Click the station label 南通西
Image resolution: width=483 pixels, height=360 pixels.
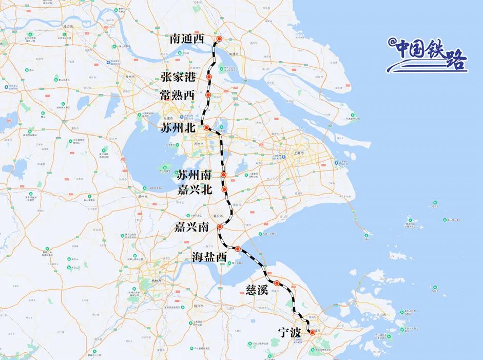(186, 39)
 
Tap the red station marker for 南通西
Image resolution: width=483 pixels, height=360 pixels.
(219, 39)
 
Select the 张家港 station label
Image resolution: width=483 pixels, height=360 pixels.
(178, 78)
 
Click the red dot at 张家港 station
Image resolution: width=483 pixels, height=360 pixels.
(209, 77)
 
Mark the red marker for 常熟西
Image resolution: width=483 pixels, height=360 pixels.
(208, 95)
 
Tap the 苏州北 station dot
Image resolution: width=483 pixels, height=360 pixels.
(206, 127)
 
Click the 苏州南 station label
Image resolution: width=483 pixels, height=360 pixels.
(194, 175)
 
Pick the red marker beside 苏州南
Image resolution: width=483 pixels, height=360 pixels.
(224, 175)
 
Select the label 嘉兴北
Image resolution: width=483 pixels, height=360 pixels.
(194, 190)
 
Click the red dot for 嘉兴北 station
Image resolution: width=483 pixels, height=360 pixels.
(225, 190)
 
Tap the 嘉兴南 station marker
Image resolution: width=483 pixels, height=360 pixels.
(220, 227)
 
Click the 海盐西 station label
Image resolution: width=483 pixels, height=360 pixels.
(209, 257)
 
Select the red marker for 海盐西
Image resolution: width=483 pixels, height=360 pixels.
(238, 249)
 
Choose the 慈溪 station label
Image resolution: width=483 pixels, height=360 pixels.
(255, 291)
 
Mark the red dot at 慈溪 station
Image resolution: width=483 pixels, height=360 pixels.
(277, 283)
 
